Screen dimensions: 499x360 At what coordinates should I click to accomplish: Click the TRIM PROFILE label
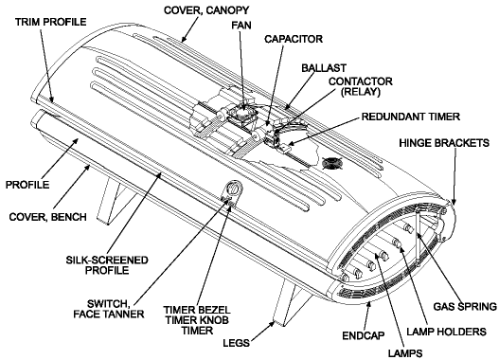point(51,22)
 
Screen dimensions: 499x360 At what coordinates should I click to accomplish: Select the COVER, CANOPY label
point(206,10)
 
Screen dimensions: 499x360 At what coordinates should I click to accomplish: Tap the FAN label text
point(241,26)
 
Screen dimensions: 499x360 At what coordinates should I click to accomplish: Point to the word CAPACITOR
point(294,39)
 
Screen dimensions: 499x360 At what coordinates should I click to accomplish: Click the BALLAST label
point(324,68)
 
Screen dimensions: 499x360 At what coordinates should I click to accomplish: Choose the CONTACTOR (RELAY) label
point(361,86)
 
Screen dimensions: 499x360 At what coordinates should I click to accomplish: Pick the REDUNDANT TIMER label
point(411,117)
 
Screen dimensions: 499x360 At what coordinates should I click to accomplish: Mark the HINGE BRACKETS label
point(444,143)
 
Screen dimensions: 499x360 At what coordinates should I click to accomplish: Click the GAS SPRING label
point(465,306)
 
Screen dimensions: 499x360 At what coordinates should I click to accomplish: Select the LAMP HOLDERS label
point(447,332)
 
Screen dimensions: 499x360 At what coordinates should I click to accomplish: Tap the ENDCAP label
point(364,335)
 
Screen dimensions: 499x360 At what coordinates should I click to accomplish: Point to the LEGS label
point(236,343)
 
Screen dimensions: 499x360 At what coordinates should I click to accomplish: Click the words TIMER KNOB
point(197,320)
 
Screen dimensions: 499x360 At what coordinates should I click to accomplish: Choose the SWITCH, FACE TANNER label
point(109,309)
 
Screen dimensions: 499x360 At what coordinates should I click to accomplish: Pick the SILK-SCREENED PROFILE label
point(107,265)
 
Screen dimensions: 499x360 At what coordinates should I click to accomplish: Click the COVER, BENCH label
point(47,217)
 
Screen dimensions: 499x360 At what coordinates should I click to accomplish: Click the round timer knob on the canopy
point(234,188)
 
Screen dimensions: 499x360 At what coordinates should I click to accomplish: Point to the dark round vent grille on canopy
point(332,163)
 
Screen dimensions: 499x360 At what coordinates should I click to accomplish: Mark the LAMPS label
point(405,353)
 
